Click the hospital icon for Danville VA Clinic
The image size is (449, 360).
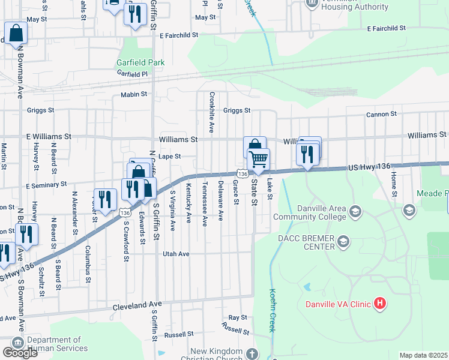coord(379,304)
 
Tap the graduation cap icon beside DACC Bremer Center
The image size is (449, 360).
coord(344,242)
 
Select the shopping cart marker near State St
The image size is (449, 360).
coord(259,160)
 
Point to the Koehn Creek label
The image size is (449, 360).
coord(271,309)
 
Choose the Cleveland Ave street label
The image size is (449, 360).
coord(137,306)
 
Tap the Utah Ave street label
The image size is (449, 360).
coord(176,254)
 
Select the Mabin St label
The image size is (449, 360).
coord(134,94)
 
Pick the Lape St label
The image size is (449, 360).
coord(169,156)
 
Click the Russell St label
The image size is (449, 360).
coord(235,329)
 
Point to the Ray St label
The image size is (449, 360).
coord(238,317)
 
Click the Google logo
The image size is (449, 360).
coord(20,353)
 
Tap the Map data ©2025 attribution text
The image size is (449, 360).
coord(423,355)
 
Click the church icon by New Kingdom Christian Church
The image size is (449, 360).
coord(252,354)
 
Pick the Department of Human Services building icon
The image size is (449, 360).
coord(17,342)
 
